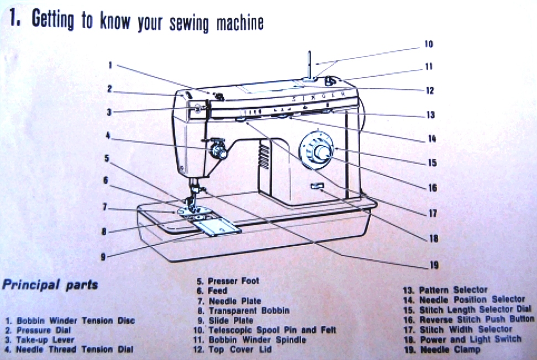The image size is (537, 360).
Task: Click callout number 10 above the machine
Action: [429, 44]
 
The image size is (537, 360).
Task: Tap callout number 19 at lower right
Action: [434, 265]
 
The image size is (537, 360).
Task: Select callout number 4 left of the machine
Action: [108, 134]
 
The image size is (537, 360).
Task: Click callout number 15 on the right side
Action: [432, 163]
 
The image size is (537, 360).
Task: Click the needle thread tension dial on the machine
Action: [218, 149]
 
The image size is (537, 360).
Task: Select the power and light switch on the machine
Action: [317, 188]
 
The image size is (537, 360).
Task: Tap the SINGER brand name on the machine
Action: [323, 97]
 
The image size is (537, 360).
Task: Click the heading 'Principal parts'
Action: [50, 285]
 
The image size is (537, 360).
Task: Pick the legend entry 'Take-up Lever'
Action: [39, 340]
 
